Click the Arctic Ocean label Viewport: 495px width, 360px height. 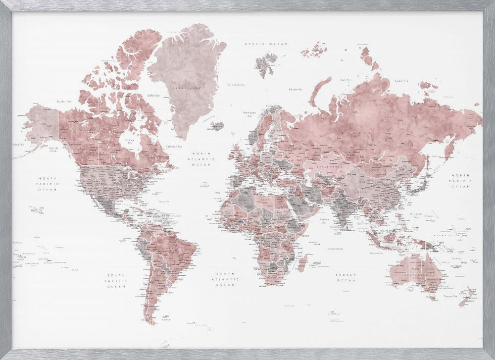(266, 44)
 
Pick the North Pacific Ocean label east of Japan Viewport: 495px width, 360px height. (461, 181)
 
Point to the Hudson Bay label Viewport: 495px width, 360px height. (130, 141)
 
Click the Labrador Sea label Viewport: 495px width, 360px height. (174, 147)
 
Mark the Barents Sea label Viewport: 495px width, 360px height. (296, 90)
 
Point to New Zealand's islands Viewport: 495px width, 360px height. (467, 296)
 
